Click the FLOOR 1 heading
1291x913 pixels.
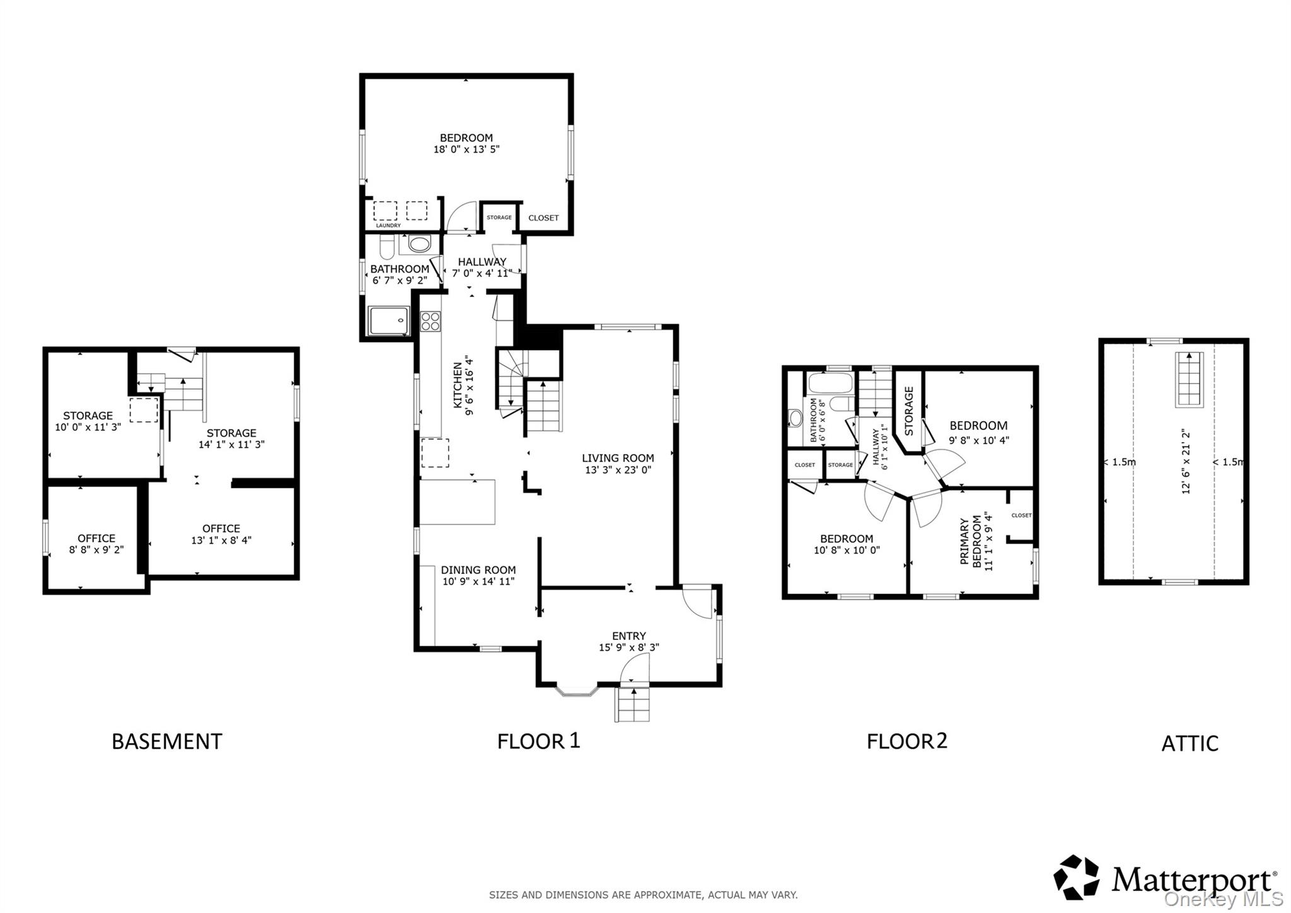click(538, 740)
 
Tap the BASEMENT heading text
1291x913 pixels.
click(166, 741)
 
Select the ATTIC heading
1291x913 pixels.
click(1189, 743)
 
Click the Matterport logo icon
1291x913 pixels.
click(1076, 877)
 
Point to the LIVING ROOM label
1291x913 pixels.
click(617, 458)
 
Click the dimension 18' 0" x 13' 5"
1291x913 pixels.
click(466, 150)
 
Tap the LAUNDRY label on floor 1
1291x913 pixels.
click(388, 226)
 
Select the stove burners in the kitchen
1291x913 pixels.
click(431, 321)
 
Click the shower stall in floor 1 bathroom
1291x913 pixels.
click(389, 321)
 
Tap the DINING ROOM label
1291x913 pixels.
click(478, 570)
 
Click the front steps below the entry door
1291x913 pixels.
click(632, 705)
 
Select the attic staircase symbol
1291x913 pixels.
click(1189, 380)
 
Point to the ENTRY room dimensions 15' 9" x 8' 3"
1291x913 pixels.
click(628, 648)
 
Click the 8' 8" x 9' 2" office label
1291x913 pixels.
click(96, 550)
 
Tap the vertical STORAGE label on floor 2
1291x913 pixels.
click(909, 411)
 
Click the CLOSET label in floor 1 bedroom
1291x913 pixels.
click(543, 218)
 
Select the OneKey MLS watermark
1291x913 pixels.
click(1223, 898)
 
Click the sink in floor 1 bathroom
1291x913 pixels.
click(419, 244)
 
